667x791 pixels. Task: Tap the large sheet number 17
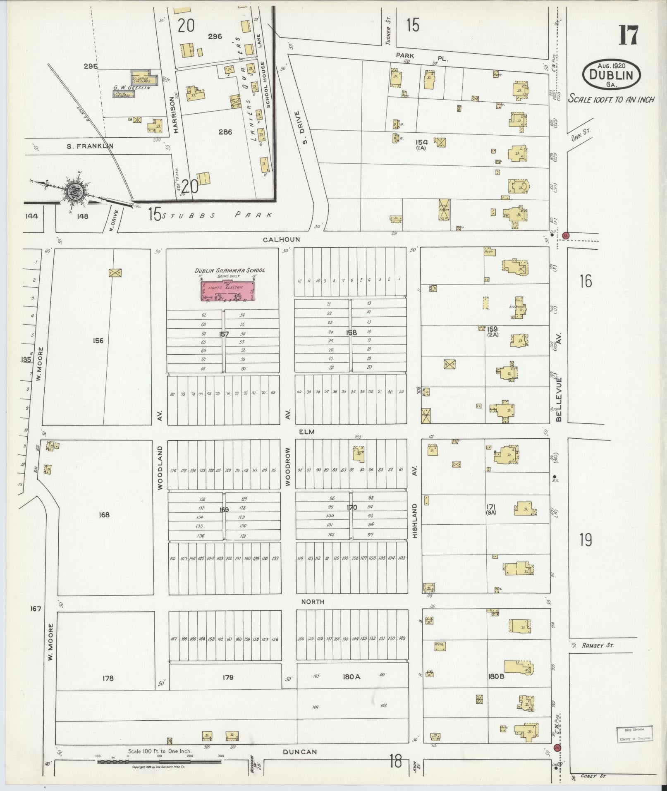[x=628, y=36]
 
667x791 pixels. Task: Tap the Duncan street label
[x=300, y=752]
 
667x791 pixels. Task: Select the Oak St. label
[x=581, y=134]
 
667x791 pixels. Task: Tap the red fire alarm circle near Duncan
[x=557, y=748]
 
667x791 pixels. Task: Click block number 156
[x=98, y=341]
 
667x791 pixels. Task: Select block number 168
[x=104, y=515]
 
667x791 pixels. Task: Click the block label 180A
[x=351, y=677]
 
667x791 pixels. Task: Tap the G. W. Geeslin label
[x=132, y=88]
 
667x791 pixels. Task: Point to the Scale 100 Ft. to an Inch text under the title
[x=611, y=99]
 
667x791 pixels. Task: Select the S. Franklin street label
[x=90, y=146]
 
